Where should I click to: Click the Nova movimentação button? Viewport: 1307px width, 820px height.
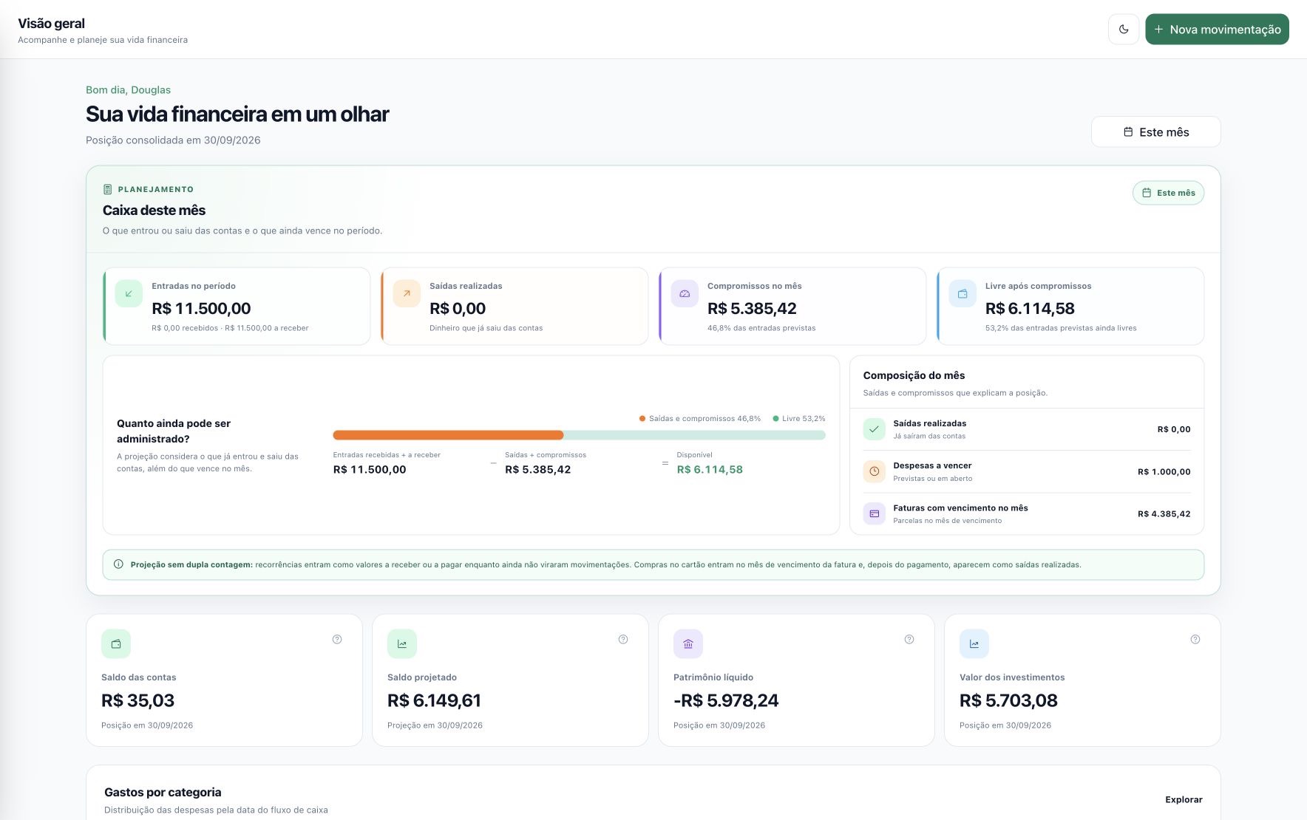pos(1217,30)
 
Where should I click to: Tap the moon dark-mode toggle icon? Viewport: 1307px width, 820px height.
pos(1124,30)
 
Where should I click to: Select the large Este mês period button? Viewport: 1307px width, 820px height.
pos(1155,132)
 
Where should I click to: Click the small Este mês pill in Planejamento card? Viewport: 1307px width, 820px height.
pos(1168,193)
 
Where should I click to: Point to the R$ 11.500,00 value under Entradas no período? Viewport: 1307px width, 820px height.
pos(201,309)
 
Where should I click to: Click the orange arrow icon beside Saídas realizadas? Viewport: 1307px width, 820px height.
pos(407,293)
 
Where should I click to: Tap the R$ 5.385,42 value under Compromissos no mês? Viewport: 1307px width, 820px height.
pos(752,309)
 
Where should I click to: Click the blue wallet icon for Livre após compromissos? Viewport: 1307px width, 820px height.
pos(963,293)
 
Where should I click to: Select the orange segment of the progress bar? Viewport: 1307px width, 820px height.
pos(448,435)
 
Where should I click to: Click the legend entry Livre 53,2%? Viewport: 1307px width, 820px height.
pos(799,419)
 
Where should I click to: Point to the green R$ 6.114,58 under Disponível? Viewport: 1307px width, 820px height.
pos(710,470)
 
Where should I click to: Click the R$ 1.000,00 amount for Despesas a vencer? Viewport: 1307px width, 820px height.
pos(1164,472)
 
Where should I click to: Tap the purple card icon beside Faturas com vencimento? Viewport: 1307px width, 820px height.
pos(875,513)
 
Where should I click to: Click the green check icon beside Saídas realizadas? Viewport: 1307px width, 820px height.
pos(875,429)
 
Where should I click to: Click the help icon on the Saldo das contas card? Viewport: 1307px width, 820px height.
pos(337,640)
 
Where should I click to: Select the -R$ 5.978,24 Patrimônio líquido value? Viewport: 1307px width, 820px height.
pos(726,700)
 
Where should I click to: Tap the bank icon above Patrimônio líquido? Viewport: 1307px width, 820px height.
pos(688,644)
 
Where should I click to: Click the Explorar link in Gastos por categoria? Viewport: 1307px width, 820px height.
pos(1184,799)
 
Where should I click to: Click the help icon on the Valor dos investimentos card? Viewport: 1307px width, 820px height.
pos(1195,640)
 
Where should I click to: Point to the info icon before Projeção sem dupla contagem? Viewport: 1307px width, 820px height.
pos(118,564)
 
